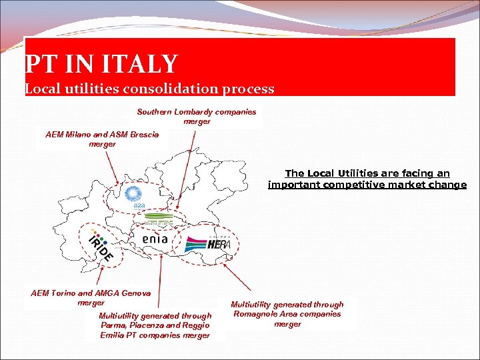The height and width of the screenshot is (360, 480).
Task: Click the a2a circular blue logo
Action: click(135, 196)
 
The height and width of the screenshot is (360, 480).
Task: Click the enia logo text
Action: click(155, 239)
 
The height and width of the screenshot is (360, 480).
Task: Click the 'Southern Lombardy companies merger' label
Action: click(197, 116)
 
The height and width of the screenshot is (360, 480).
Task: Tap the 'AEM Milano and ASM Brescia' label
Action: click(102, 139)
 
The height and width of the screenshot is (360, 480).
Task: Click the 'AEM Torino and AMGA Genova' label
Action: click(91, 297)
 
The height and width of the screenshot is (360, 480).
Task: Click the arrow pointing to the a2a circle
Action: click(112, 167)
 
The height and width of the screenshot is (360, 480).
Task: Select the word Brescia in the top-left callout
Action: click(143, 134)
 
